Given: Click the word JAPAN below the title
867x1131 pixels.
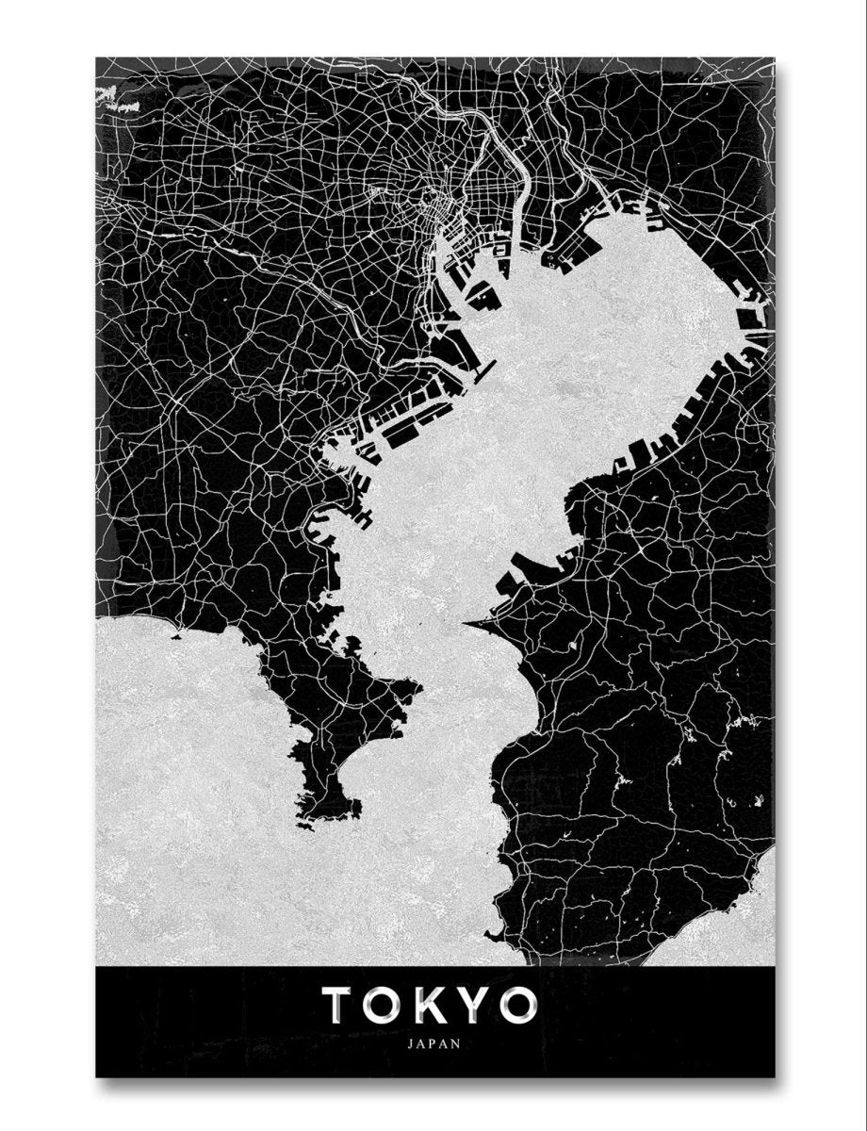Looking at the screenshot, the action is click(434, 1043).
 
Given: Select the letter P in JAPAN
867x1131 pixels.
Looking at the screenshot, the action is click(434, 1043).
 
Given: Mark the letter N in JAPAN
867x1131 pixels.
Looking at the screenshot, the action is click(457, 1043).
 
